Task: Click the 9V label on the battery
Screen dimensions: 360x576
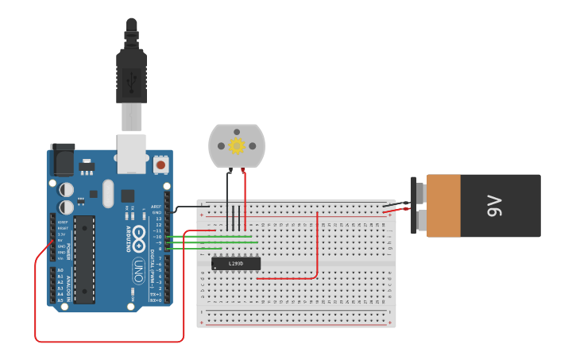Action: tap(493, 207)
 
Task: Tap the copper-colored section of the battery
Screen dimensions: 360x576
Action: tap(443, 206)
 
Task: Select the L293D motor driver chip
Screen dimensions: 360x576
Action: tap(236, 263)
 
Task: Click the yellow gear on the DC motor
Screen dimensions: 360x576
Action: tap(237, 145)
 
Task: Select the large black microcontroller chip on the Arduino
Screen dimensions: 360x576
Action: tap(84, 259)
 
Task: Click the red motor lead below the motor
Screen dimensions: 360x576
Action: tap(245, 195)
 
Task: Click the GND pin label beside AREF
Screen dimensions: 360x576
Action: tap(157, 212)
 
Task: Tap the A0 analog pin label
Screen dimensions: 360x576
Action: tap(60, 270)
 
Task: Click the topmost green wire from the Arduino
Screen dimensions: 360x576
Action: tap(215, 236)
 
